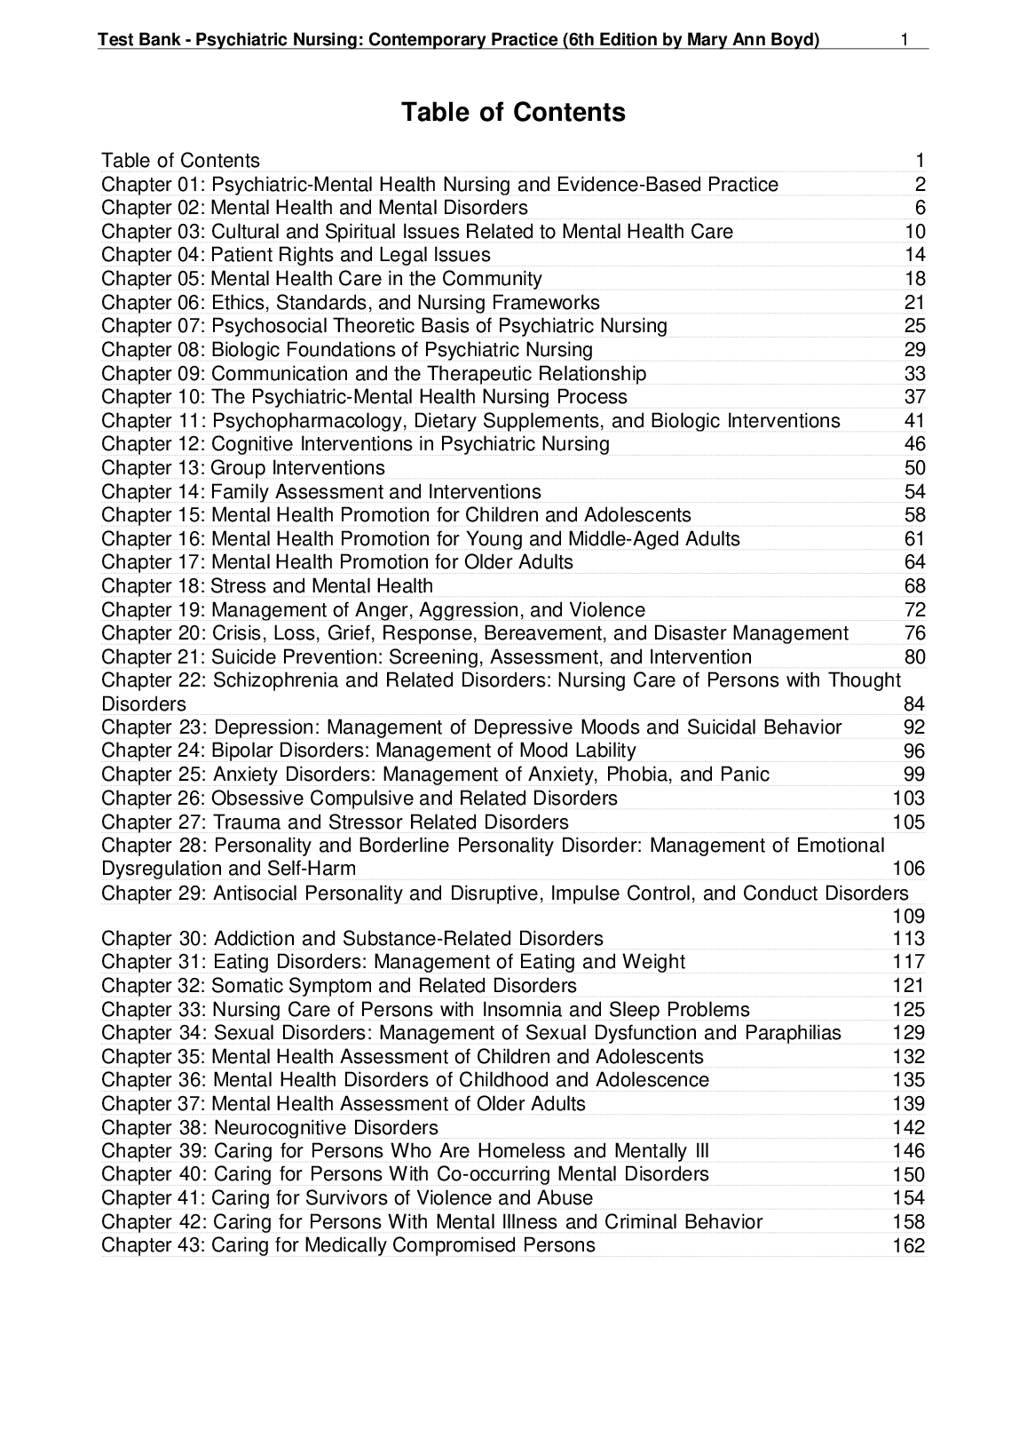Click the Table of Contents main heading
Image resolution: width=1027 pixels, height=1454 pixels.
[513, 113]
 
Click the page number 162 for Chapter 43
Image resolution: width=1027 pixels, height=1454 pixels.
[908, 1246]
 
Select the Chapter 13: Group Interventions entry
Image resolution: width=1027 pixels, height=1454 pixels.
[243, 468]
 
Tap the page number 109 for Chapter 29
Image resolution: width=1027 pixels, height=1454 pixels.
[908, 916]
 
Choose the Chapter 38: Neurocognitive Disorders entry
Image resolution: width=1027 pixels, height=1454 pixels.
[270, 1128]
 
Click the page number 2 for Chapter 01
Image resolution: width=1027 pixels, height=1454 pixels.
[920, 185]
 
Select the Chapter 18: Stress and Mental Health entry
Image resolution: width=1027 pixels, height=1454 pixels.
[267, 586]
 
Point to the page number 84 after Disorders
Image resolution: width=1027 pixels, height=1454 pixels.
[914, 704]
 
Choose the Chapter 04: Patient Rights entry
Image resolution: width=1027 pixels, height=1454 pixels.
[296, 256]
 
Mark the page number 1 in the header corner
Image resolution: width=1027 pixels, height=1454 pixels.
[904, 40]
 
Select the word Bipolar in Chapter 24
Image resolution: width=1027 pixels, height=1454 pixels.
[240, 751]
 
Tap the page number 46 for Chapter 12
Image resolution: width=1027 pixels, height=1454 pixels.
[914, 445]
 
